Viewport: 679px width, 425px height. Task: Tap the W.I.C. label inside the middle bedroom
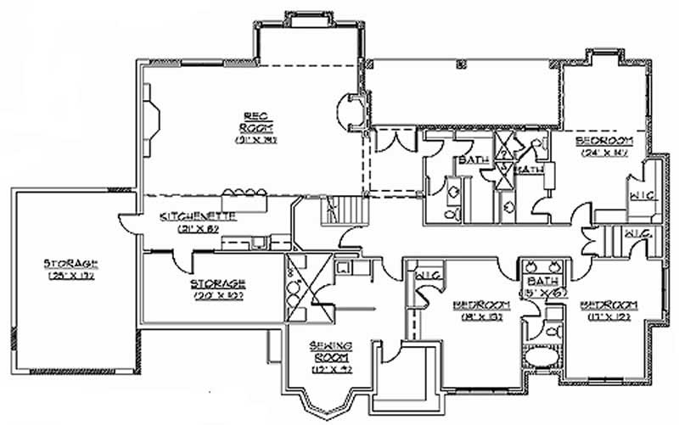coord(425,275)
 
